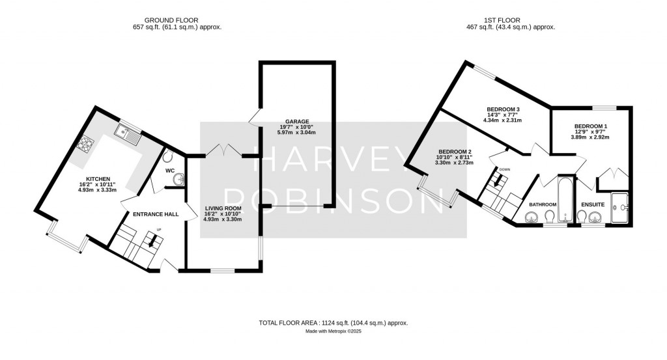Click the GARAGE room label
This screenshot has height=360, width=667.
click(296, 121)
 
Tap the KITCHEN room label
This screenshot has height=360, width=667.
click(100, 178)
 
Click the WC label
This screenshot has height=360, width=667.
click(171, 171)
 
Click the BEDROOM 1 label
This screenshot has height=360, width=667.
click(591, 126)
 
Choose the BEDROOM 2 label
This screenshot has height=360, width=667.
click(453, 152)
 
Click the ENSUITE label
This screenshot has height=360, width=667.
click(593, 204)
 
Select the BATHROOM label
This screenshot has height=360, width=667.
click(543, 204)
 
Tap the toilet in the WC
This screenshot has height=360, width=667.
click(168, 157)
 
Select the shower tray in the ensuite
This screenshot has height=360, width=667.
click(621, 207)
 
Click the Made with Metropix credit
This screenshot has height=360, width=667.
click(333, 331)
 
